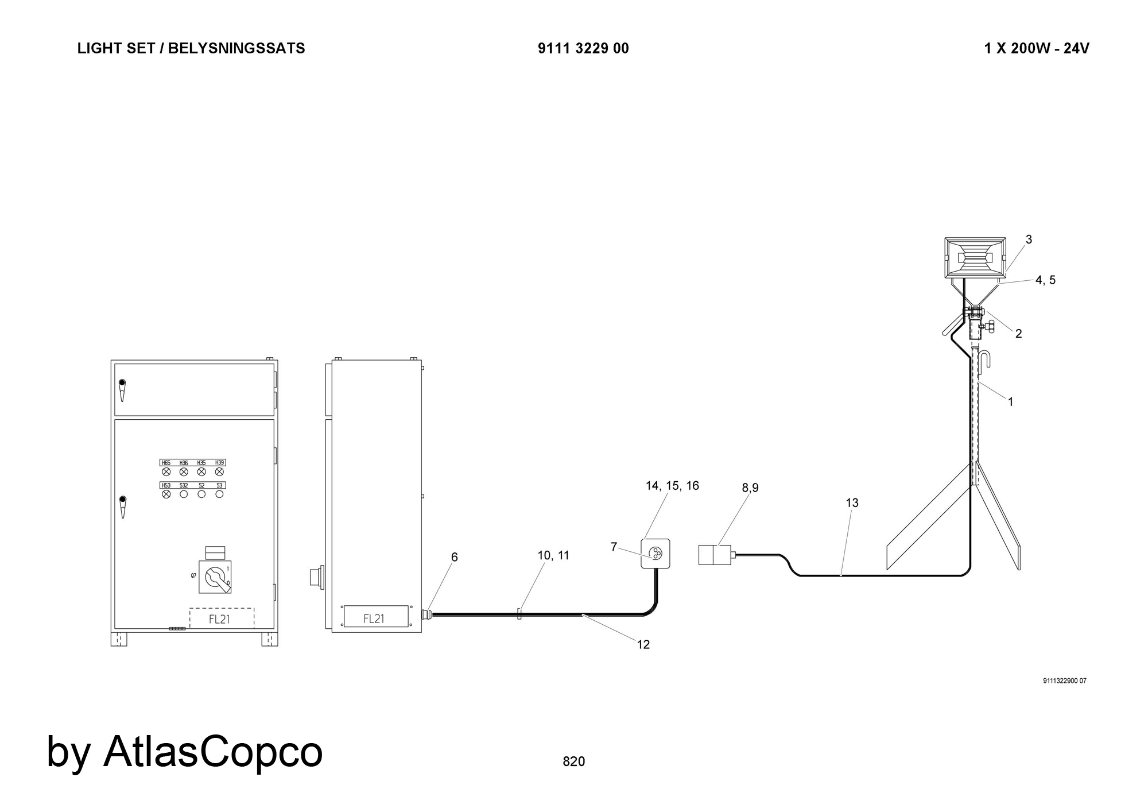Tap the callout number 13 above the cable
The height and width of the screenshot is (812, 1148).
pos(852,503)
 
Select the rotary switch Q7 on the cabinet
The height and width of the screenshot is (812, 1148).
pos(215,577)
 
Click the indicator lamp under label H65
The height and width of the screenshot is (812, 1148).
pos(166,471)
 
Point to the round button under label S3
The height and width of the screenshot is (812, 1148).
pos(219,494)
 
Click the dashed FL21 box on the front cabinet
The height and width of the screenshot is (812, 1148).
pos(222,618)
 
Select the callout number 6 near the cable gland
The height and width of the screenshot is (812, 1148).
pos(454,557)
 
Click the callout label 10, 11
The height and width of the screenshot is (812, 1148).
pos(553,555)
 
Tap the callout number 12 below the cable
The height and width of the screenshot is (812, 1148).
pos(643,645)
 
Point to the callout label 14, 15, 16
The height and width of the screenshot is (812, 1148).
pos(672,486)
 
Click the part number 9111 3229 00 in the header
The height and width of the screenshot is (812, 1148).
pos(583,48)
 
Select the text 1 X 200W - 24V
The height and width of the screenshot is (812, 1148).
pos(1037,48)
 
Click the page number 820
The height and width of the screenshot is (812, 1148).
pos(573,761)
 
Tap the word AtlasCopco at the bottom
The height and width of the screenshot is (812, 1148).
pos(213,751)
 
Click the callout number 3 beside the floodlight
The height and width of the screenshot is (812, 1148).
pos(1029,239)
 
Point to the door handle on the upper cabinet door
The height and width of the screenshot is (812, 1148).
pos(122,390)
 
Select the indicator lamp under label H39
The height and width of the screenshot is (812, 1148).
pos(219,471)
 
